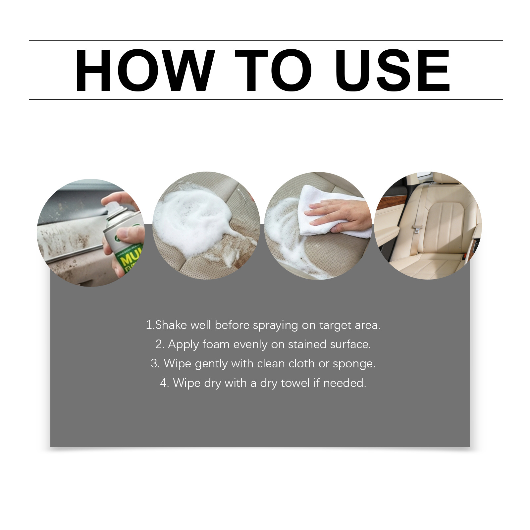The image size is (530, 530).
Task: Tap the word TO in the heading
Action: pyautogui.click(x=274, y=70)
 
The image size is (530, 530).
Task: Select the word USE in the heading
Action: pyautogui.click(x=393, y=70)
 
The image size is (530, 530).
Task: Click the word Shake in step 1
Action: pyautogui.click(x=171, y=325)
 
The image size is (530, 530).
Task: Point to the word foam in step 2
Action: pyautogui.click(x=216, y=344)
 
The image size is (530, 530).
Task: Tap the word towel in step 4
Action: pyautogui.click(x=295, y=383)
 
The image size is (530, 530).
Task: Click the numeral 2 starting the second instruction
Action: pyautogui.click(x=159, y=344)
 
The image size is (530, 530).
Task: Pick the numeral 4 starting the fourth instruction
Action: pyautogui.click(x=164, y=383)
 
